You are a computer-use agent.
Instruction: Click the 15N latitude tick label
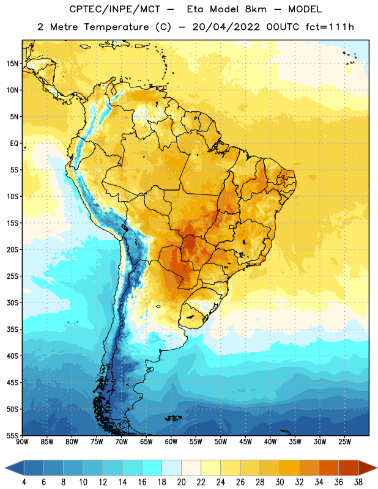[12, 64]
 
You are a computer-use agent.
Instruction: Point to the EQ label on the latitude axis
[14, 144]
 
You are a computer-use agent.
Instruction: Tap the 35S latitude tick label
[12, 329]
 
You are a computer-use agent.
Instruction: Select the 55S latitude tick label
[12, 435]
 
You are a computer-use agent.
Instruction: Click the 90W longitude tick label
[22, 442]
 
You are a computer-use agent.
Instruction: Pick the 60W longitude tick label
[171, 442]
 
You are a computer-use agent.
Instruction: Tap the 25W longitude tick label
[344, 442]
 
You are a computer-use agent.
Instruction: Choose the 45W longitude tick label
[245, 442]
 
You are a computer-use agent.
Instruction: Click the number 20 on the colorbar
[181, 482]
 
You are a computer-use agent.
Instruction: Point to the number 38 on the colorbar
[358, 482]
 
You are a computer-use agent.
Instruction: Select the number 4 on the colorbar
[24, 482]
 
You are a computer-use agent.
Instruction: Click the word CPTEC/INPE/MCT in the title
[115, 9]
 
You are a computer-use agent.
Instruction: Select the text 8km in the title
[256, 9]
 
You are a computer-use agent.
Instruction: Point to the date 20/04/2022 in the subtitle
[226, 27]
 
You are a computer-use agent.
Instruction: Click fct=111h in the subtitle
[330, 27]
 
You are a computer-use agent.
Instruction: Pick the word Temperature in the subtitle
[116, 28]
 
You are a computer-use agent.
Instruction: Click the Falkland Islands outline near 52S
[173, 418]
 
